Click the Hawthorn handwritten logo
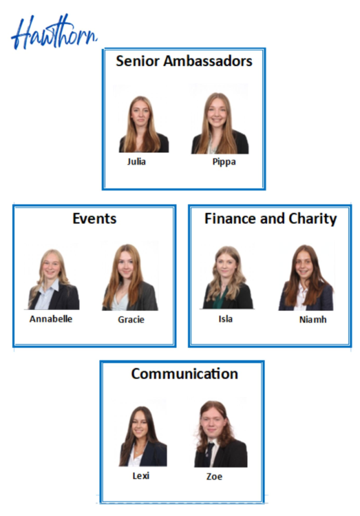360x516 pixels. click(x=54, y=32)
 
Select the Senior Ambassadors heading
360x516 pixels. click(x=184, y=61)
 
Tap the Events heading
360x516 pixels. click(x=94, y=218)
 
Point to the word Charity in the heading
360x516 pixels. click(x=313, y=219)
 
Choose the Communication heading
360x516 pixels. click(x=184, y=374)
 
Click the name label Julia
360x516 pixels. click(x=136, y=162)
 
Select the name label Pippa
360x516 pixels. click(x=224, y=162)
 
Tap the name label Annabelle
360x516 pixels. click(x=51, y=319)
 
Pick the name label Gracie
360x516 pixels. click(x=131, y=320)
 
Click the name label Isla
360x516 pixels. click(x=226, y=319)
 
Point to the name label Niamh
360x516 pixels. click(x=313, y=320)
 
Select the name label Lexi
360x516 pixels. click(x=141, y=476)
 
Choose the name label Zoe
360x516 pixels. click(x=214, y=477)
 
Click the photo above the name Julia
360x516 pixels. click(x=144, y=124)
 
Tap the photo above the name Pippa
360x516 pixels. click(x=220, y=123)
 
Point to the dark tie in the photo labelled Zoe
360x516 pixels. click(x=209, y=454)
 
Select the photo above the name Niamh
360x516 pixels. click(x=306, y=278)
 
